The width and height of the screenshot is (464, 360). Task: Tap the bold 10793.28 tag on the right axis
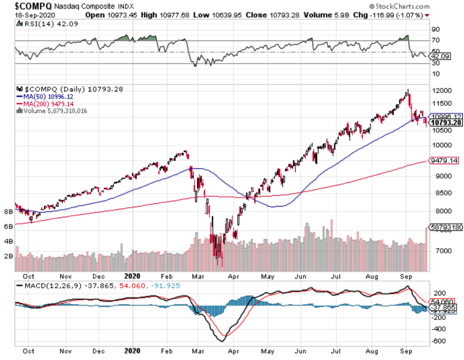pos(446,122)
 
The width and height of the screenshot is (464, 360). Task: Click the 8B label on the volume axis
pos(8,212)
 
